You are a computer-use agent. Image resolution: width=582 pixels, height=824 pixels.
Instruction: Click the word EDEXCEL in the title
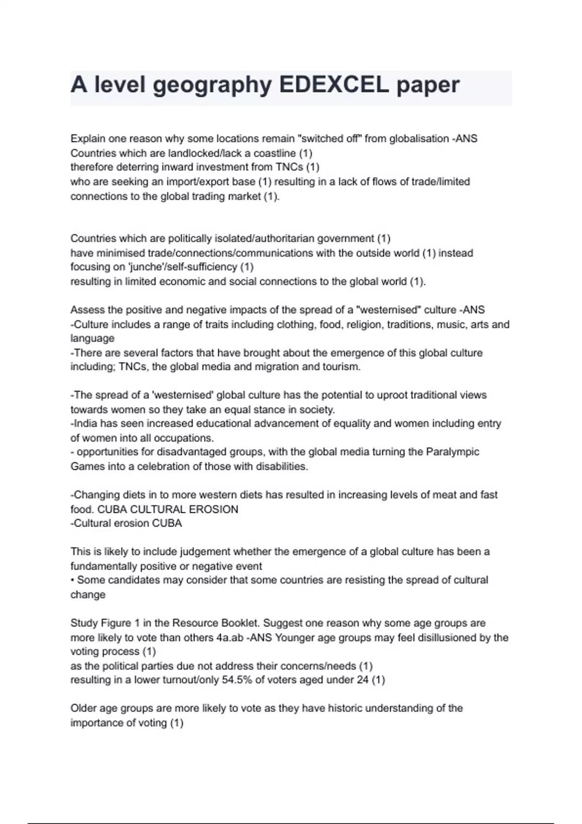click(x=334, y=85)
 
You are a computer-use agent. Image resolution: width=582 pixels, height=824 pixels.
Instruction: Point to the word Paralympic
click(x=453, y=452)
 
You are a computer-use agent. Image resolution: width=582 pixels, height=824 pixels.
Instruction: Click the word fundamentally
click(x=104, y=566)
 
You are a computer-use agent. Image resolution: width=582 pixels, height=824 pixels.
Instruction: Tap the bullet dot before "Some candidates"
click(x=73, y=580)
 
